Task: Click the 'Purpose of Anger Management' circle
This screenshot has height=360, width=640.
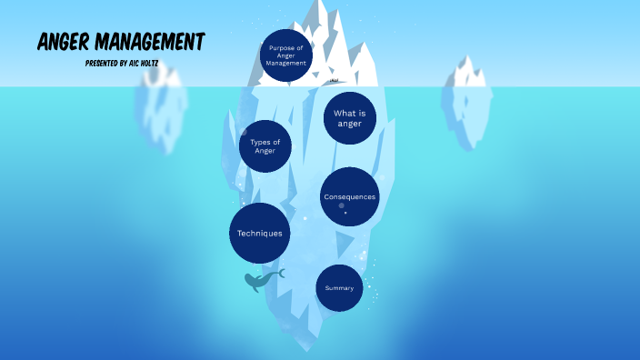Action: click(286, 55)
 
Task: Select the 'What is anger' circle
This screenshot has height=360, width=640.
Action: click(349, 118)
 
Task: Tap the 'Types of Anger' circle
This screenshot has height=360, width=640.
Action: click(265, 146)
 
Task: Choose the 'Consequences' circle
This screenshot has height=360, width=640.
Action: click(349, 196)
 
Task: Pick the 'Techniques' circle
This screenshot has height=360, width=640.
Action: click(260, 234)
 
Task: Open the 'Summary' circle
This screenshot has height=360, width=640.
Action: click(339, 288)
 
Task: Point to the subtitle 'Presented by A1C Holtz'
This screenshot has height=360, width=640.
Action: click(121, 64)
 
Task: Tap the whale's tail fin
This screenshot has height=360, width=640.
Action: click(281, 273)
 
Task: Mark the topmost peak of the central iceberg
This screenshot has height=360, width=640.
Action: click(320, 5)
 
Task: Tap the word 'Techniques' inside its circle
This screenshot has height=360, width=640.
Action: click(260, 234)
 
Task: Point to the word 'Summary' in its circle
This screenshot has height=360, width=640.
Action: click(339, 288)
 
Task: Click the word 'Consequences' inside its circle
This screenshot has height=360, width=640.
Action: click(349, 196)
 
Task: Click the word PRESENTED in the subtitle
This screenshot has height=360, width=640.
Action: click(102, 64)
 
